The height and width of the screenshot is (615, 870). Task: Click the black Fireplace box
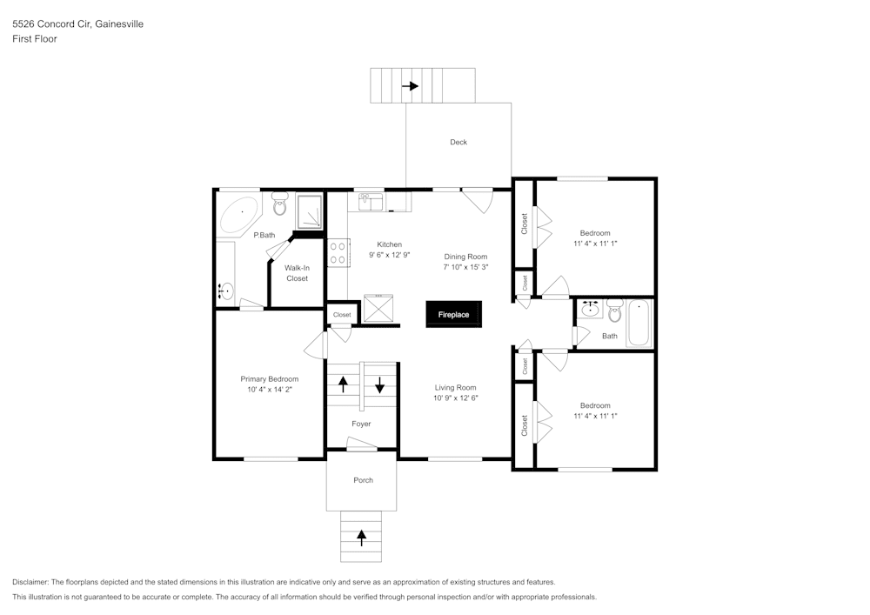point(453,314)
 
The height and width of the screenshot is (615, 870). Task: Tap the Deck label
point(458,142)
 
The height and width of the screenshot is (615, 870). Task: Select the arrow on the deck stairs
point(409,86)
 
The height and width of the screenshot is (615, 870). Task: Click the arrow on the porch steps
point(361,538)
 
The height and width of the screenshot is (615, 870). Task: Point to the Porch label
point(363,480)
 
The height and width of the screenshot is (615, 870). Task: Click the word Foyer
point(361,424)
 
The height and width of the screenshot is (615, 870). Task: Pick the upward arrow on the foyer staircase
point(343,384)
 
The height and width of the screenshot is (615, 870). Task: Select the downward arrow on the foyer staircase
point(380,384)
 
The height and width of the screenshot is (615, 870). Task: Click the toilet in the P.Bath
point(279,205)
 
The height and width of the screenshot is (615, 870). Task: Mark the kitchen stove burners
point(338,253)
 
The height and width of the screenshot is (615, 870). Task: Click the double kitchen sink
point(371,202)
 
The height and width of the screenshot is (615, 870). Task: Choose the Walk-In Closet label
point(297,273)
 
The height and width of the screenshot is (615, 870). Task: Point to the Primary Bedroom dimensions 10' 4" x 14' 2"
point(269,391)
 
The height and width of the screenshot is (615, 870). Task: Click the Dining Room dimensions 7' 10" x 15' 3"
point(465,268)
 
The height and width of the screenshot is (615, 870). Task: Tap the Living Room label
point(456,387)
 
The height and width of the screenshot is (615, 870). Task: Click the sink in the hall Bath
point(591,308)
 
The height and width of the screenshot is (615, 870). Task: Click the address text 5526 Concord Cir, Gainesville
point(77,24)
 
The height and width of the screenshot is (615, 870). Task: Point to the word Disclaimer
point(31,582)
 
